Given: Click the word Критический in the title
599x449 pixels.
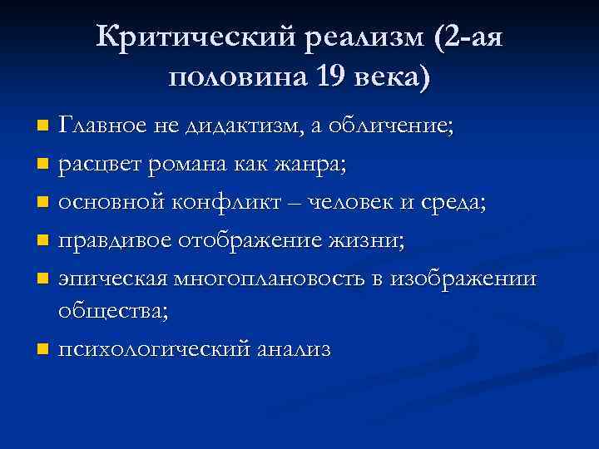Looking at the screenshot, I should click(x=194, y=37).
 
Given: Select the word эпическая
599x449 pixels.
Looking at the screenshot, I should click(x=108, y=277).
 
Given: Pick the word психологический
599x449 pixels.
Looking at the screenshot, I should click(x=153, y=349).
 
